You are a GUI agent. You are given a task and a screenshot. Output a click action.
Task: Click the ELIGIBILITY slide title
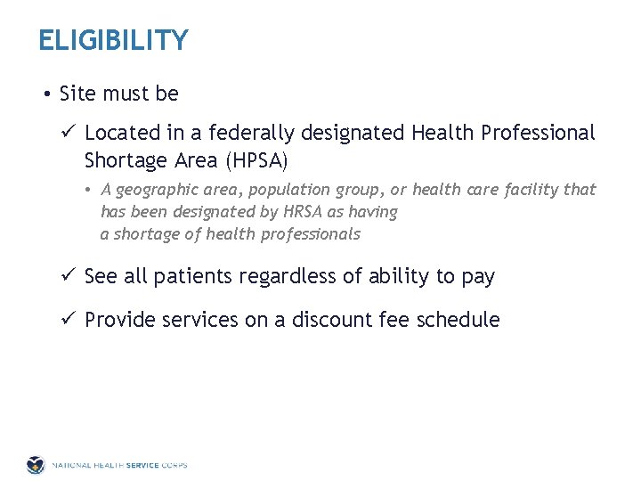coord(113,41)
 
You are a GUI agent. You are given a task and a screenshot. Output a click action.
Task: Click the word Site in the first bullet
coord(77,94)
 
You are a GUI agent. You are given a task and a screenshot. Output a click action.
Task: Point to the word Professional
coord(538,134)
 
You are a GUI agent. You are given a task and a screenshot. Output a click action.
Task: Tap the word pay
coord(478,277)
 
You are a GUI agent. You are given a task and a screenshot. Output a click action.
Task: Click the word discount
coord(332,320)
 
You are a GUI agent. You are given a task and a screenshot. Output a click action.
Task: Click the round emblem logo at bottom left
coord(35,465)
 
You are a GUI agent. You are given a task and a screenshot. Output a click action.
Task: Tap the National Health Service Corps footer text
coord(119,465)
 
